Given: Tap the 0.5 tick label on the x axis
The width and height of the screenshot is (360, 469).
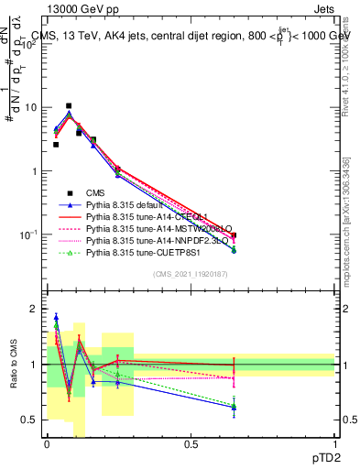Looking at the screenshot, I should [191, 444].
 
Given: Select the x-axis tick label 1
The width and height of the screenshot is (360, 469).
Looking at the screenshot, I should [334, 444].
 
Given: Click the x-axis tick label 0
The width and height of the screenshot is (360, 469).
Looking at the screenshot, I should [47, 444].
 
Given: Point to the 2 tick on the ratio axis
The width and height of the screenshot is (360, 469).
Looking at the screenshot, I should [34, 310].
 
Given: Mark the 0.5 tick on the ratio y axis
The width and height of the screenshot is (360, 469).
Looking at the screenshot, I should [30, 420].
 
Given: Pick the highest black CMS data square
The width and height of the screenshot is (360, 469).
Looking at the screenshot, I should [69, 105].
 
